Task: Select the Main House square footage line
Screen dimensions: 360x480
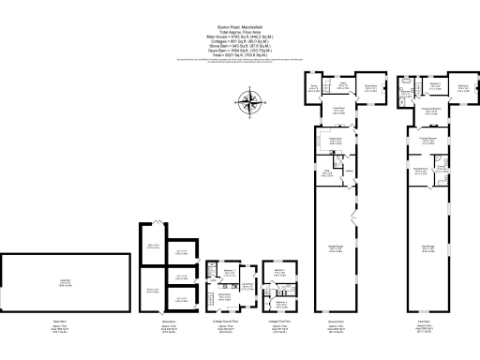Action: click(x=240, y=37)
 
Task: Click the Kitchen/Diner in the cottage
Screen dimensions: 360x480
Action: click(x=226, y=296)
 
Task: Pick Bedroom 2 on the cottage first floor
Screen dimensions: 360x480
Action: click(x=280, y=302)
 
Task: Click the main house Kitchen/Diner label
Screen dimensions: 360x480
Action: click(x=333, y=142)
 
